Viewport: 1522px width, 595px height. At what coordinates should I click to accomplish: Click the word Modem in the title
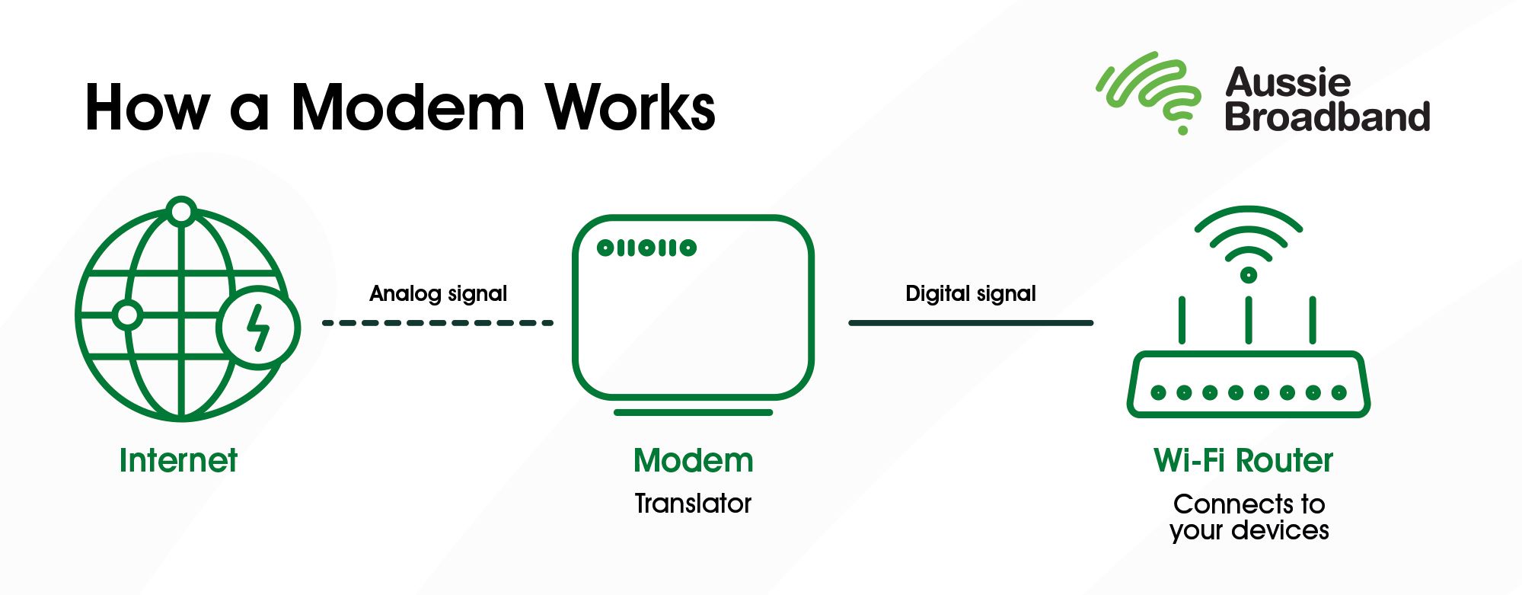click(407, 107)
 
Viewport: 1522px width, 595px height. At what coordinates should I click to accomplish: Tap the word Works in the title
click(630, 107)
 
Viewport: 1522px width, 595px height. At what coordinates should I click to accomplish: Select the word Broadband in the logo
click(1327, 117)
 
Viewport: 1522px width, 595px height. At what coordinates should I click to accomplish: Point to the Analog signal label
click(438, 294)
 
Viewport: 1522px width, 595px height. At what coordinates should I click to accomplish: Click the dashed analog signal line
click(438, 323)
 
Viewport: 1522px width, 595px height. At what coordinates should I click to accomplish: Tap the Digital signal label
click(970, 294)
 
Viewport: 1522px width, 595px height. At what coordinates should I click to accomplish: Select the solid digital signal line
click(971, 323)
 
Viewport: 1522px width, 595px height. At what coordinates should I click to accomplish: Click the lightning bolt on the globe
click(259, 328)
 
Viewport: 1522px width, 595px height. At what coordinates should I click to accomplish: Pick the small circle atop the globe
click(182, 211)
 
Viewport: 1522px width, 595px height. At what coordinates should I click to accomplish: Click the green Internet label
click(178, 461)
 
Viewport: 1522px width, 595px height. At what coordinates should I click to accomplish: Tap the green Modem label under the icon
click(693, 461)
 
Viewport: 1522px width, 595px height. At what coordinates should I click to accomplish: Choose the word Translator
click(693, 504)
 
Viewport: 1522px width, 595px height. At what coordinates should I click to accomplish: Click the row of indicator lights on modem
click(646, 248)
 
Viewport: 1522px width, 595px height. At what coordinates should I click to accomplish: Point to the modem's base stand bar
click(693, 413)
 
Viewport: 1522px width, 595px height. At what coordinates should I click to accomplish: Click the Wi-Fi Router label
click(1243, 461)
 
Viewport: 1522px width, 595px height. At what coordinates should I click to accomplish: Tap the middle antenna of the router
click(1249, 320)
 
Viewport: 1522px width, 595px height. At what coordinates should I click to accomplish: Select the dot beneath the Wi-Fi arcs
click(1249, 275)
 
